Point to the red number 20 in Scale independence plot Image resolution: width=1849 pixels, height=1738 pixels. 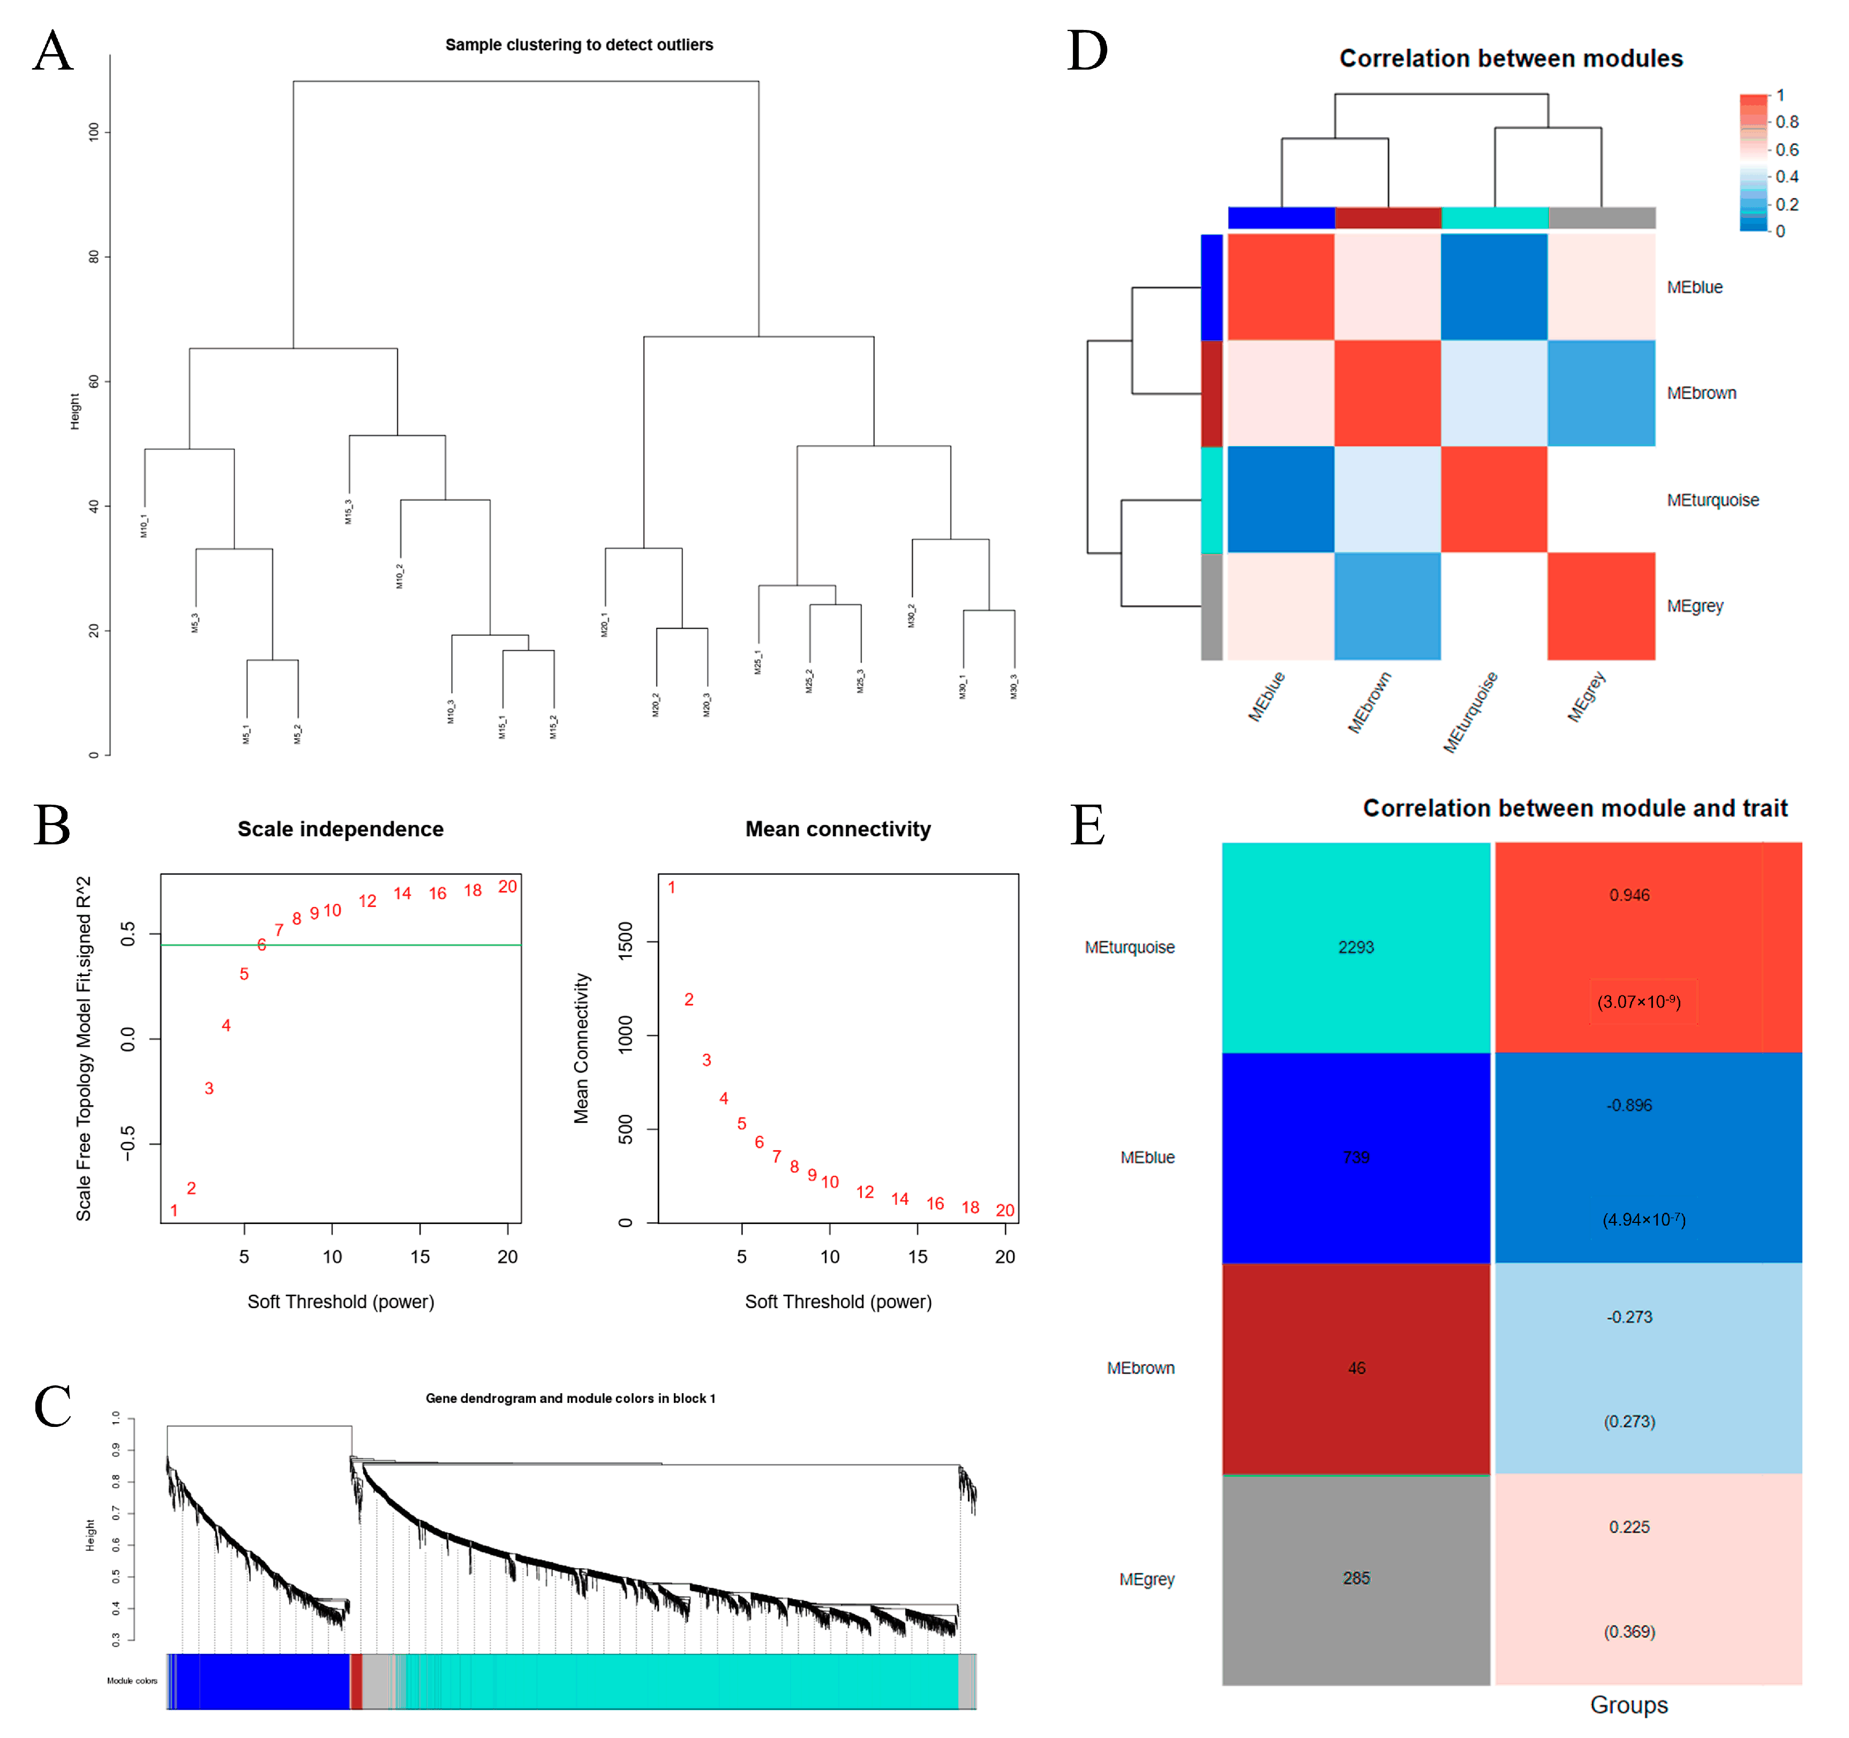click(x=507, y=886)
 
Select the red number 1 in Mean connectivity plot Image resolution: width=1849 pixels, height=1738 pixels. click(x=672, y=887)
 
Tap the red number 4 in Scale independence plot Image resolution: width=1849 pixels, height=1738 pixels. click(x=226, y=1025)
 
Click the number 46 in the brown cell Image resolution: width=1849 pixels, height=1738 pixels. click(x=1356, y=1368)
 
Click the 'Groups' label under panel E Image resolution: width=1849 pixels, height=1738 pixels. click(x=1628, y=1704)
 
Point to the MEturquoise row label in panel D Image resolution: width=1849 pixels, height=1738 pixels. click(x=1712, y=500)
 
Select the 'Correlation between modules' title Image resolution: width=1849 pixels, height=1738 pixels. click(x=1510, y=58)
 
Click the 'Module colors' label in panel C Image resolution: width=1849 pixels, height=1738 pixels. click(x=132, y=1680)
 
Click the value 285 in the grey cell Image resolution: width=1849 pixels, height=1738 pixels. click(x=1356, y=1578)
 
